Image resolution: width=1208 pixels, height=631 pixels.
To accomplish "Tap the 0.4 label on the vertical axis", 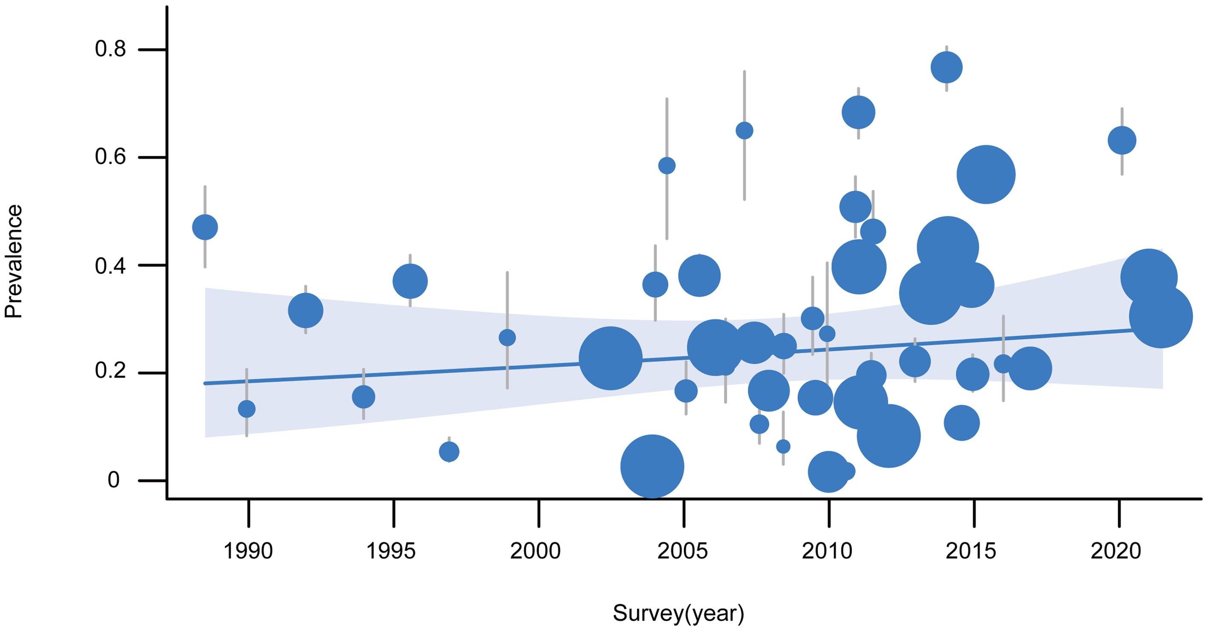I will point(110,266).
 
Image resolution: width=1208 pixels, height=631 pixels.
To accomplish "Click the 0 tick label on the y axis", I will point(113,480).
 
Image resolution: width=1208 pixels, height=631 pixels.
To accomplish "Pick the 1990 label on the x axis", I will point(248,551).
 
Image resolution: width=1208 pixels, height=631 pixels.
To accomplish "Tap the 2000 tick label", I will point(535,551).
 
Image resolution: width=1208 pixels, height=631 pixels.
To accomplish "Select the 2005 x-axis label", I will point(682,551).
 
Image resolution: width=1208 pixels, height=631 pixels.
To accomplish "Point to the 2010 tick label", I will point(827,551).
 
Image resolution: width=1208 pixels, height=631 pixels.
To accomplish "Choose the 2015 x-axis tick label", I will point(970,551).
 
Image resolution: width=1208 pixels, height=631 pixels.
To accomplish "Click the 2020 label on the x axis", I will point(1116,551).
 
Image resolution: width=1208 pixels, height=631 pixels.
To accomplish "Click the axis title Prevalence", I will point(13,261).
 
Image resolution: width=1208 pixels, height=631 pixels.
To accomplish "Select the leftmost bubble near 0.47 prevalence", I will point(205,228).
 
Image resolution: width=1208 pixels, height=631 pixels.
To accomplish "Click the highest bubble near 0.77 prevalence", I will point(946,67).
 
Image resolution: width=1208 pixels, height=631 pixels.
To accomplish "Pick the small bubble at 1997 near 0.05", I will point(449,452).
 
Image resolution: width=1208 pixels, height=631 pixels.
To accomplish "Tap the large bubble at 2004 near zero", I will point(652,467).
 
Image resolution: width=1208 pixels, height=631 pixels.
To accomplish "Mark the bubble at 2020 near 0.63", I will point(1122,140).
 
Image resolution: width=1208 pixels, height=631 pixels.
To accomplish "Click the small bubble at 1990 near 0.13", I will point(247,409).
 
